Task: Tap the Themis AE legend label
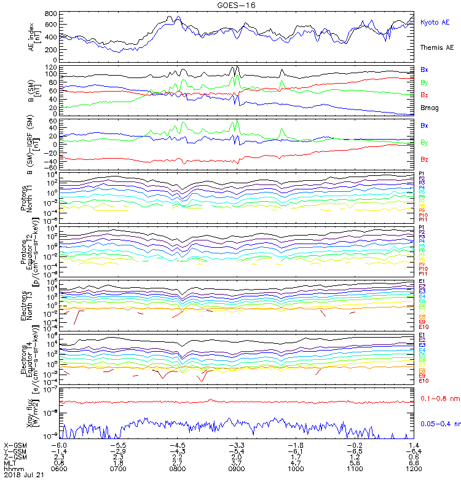437,47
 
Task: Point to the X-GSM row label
15,444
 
